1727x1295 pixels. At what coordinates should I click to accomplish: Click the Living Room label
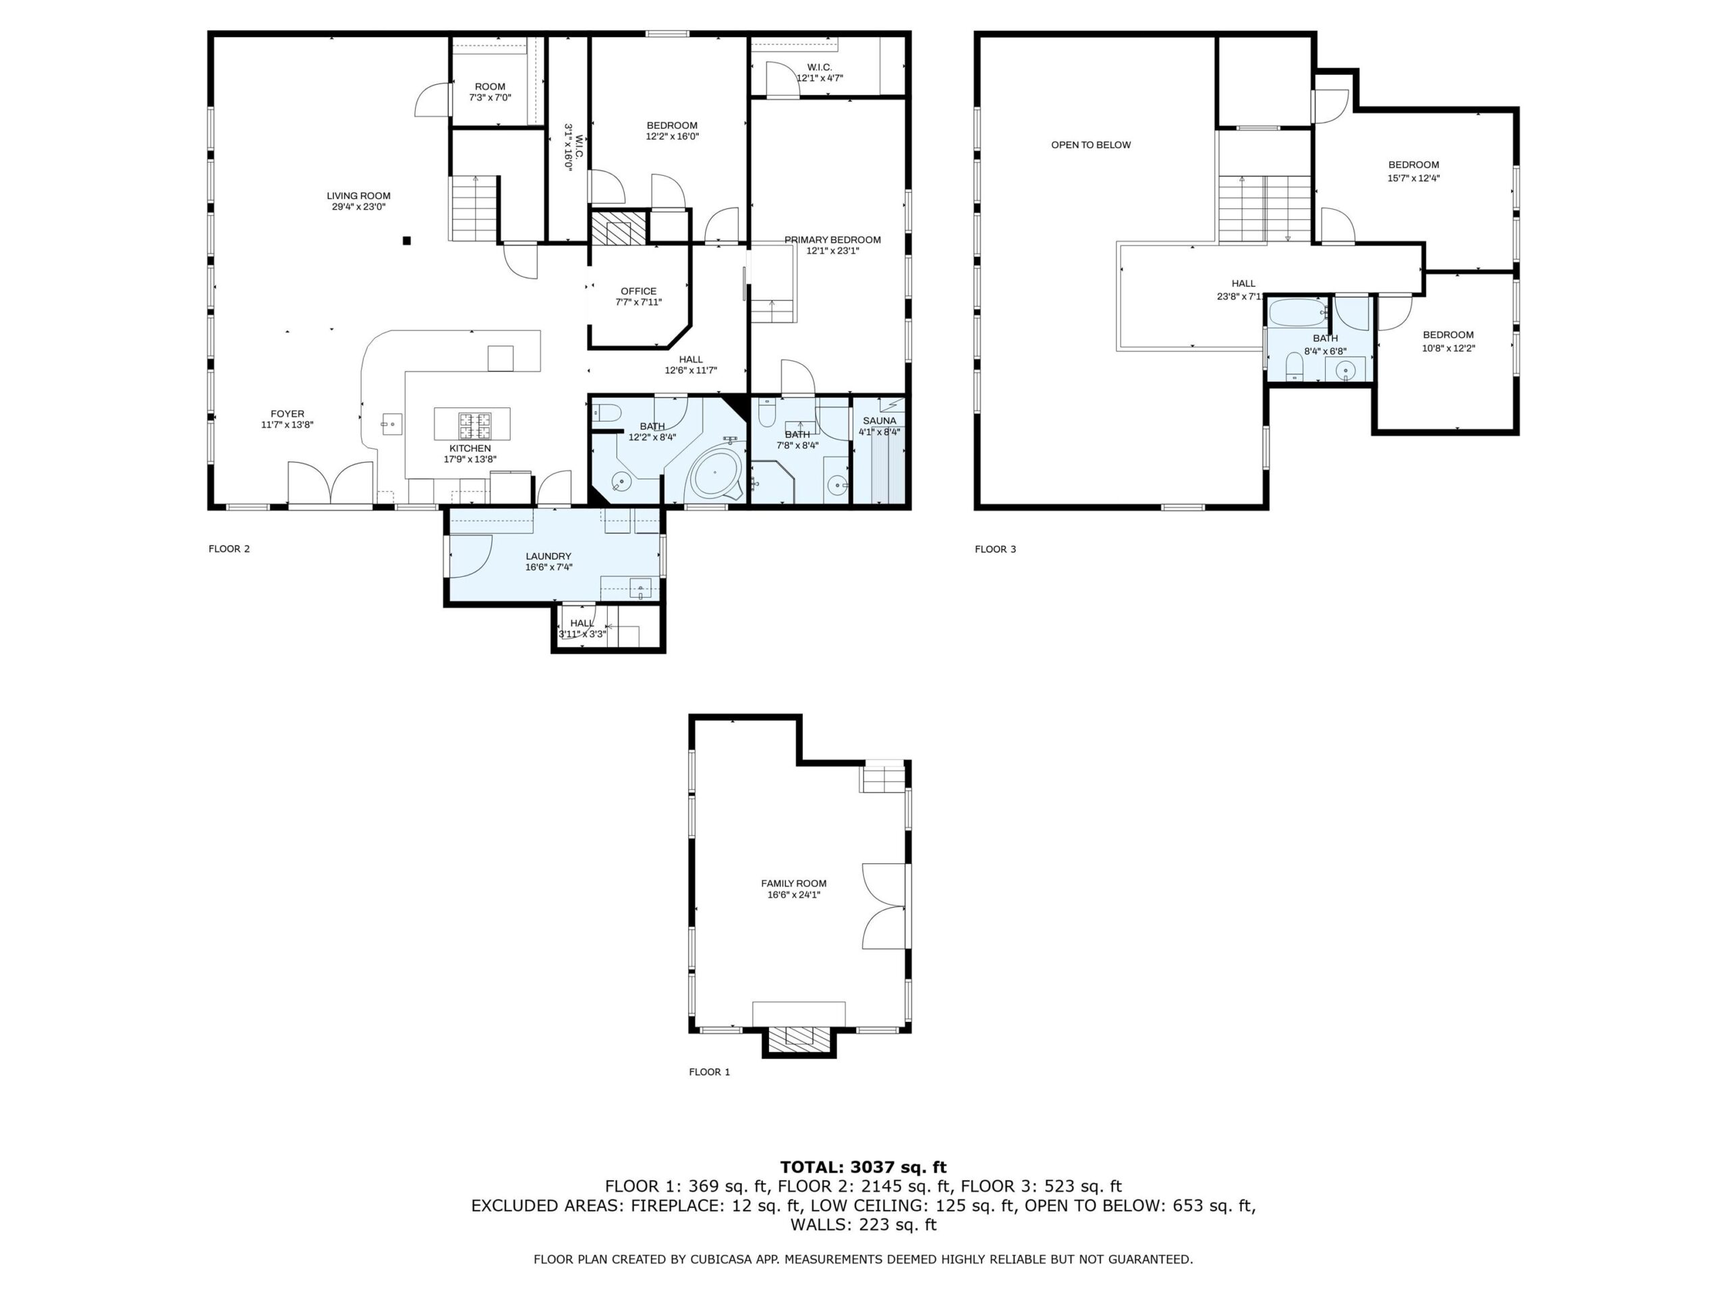tap(358, 200)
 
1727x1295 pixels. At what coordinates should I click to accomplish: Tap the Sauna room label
tap(879, 426)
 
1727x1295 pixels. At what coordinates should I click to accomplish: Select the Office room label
tap(639, 296)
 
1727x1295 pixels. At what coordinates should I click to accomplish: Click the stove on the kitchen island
tap(474, 425)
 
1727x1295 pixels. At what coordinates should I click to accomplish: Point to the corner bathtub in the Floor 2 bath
tap(714, 473)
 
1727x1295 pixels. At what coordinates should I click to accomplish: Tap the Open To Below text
tap(1090, 144)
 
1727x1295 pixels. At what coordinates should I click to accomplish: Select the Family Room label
tap(793, 888)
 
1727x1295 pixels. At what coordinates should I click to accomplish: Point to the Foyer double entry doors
tap(331, 483)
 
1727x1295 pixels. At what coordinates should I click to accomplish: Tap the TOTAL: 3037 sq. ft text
tap(863, 1167)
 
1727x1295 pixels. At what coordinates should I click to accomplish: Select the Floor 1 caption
tap(709, 1072)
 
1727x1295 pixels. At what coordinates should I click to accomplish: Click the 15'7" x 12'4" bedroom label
tap(1413, 171)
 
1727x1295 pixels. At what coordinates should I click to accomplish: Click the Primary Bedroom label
tap(832, 244)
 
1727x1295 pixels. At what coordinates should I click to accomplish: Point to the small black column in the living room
tap(407, 240)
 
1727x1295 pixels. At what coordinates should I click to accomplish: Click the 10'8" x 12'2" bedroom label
tap(1448, 341)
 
